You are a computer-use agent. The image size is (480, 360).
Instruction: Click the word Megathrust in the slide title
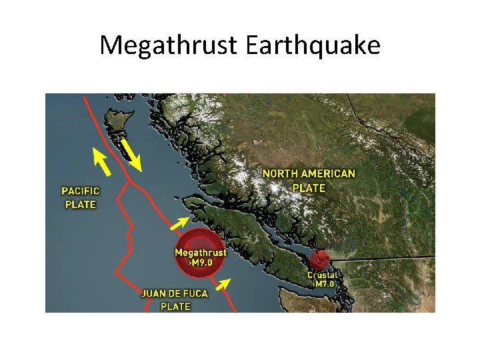(169, 46)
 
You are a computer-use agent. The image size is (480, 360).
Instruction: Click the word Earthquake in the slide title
(313, 46)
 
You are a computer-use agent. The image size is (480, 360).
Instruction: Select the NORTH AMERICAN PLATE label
(308, 181)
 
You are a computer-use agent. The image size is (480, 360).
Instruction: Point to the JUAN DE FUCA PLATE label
(175, 300)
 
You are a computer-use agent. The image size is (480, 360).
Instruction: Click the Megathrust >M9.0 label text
(200, 257)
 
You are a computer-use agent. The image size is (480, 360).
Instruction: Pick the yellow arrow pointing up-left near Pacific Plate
(101, 159)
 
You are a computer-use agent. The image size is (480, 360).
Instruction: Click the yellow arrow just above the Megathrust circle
(179, 225)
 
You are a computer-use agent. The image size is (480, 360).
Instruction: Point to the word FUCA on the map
(194, 293)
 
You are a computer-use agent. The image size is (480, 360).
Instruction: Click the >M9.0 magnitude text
(200, 263)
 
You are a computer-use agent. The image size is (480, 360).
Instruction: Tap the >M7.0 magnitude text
(323, 284)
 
